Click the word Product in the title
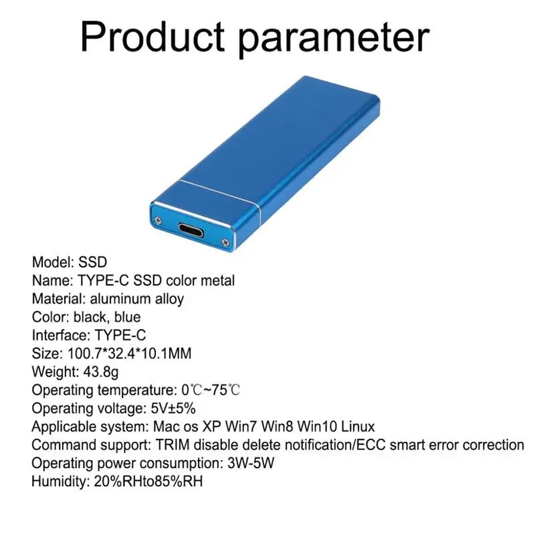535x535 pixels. click(x=152, y=36)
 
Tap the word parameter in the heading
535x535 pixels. click(x=333, y=39)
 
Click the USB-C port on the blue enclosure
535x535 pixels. click(x=191, y=230)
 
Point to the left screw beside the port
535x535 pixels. click(x=158, y=220)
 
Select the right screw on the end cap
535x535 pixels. click(x=225, y=242)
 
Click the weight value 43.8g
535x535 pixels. click(x=101, y=372)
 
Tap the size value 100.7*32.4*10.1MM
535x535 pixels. click(x=129, y=354)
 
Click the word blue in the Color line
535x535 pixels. click(x=127, y=317)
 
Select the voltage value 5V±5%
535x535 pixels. click(x=173, y=409)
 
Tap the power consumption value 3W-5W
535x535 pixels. click(x=251, y=463)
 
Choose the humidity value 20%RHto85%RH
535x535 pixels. click(x=148, y=481)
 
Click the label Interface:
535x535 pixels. click(x=61, y=336)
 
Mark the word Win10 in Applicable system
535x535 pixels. click(x=317, y=427)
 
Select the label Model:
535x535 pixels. click(x=53, y=262)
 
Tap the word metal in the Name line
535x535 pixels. click(x=218, y=280)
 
